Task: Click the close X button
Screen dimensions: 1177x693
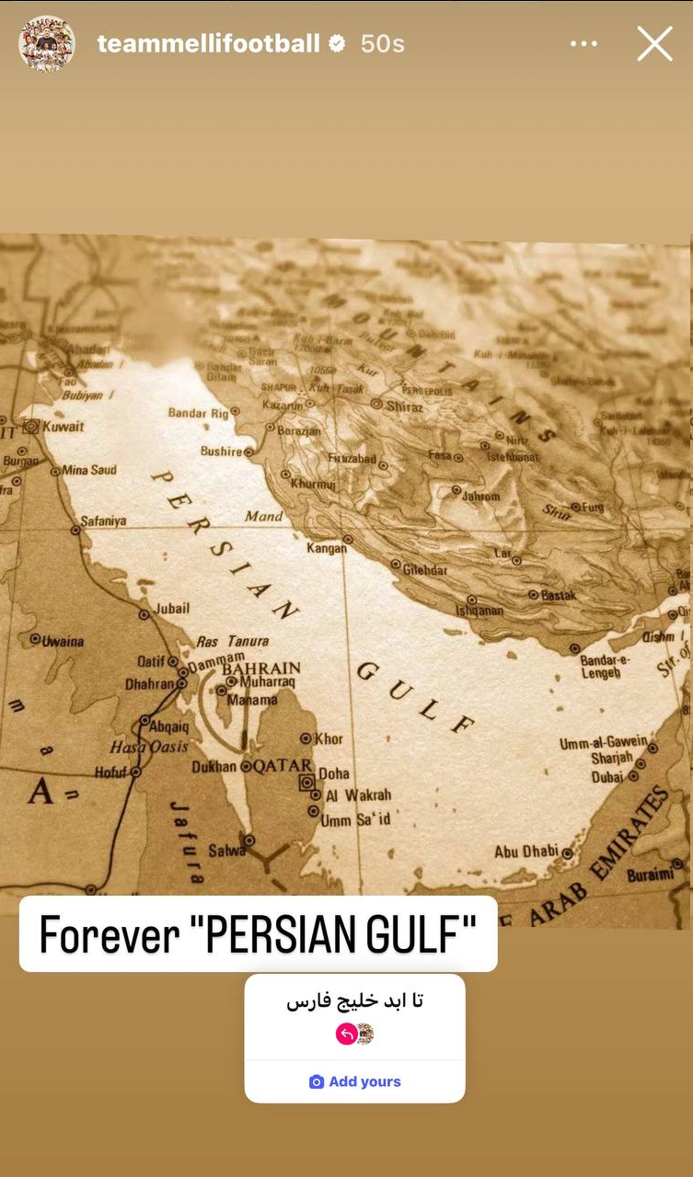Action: click(x=654, y=43)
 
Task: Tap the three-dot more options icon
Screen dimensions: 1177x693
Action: click(x=583, y=44)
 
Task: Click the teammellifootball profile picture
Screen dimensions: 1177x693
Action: click(x=46, y=43)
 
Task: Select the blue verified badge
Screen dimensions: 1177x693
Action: click(x=337, y=43)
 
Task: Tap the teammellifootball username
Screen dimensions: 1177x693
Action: click(x=208, y=43)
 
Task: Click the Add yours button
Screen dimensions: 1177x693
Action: click(x=355, y=1081)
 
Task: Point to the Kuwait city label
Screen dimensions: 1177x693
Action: click(x=63, y=427)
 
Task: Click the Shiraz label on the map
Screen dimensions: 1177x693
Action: click(x=404, y=406)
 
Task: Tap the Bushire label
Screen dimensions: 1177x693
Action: click(x=221, y=451)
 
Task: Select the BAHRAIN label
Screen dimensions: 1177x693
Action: click(x=261, y=668)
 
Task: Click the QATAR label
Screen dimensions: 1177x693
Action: click(x=283, y=766)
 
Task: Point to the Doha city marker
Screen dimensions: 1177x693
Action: click(x=307, y=783)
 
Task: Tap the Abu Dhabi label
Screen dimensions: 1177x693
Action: click(x=526, y=852)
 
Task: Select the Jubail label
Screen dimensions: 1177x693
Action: click(x=172, y=608)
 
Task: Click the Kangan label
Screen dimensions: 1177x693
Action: click(x=327, y=548)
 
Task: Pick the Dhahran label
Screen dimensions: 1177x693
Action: click(x=149, y=684)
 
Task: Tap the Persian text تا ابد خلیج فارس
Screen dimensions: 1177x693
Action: click(x=354, y=1000)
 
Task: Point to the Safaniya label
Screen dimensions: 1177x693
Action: click(x=103, y=521)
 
